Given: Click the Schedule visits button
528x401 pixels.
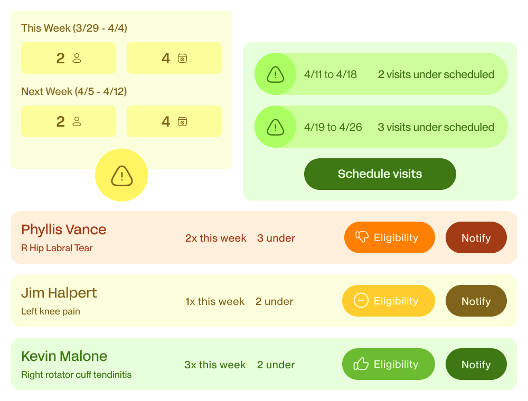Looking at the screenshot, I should (x=380, y=174).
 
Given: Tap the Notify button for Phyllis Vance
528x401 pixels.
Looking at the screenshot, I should (x=476, y=238).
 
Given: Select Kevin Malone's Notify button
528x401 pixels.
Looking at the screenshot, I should (x=476, y=365).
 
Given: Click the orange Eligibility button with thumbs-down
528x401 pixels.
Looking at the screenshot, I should (x=389, y=237).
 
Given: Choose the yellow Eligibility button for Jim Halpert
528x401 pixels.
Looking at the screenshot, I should (x=388, y=301).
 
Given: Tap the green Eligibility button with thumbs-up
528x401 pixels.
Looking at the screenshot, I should (x=388, y=364).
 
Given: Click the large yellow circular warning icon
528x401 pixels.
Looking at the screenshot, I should (x=121, y=175).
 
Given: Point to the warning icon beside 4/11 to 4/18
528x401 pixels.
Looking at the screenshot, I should (x=275, y=74).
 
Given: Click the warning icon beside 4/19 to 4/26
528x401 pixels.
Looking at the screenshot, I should (x=275, y=127).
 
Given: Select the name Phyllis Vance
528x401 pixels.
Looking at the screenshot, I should (x=64, y=230).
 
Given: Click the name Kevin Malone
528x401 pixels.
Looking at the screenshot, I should (x=64, y=356).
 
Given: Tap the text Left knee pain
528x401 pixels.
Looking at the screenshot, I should (x=51, y=311).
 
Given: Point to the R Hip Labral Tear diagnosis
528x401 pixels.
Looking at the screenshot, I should (x=56, y=248).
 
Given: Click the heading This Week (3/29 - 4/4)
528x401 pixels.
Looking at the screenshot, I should (x=74, y=28).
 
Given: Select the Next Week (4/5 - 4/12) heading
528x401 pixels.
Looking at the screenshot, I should (x=74, y=91).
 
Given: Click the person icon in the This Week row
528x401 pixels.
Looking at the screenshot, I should (x=77, y=58).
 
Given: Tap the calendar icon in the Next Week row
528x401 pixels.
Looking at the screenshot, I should (x=182, y=121).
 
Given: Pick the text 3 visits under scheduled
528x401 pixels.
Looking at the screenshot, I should (x=436, y=127).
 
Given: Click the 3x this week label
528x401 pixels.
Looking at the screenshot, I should (x=215, y=365).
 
